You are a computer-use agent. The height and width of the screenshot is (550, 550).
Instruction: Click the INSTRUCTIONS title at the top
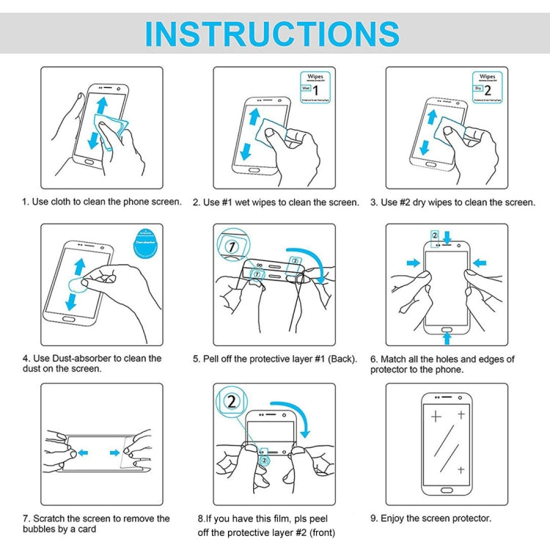pos(272,34)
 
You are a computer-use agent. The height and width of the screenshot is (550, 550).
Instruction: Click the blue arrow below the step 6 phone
pos(447,338)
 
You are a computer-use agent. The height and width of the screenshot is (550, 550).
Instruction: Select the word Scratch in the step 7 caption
pos(51,518)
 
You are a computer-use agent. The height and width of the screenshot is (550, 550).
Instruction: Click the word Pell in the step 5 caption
pos(216,359)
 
